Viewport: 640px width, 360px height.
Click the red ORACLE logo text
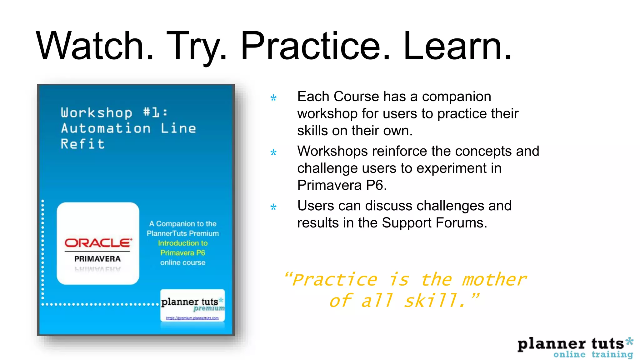point(98,243)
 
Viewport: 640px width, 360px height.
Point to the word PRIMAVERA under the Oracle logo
point(97,259)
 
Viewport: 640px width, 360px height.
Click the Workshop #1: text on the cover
point(114,112)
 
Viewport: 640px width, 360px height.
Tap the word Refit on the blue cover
point(83,144)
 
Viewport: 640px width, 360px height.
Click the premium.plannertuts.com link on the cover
point(192,318)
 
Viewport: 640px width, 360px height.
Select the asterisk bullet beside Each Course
point(273,98)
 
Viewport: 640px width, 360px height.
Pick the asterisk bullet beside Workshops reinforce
point(273,152)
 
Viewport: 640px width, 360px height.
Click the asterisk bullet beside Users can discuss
point(273,207)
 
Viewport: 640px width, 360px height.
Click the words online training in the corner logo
point(593,354)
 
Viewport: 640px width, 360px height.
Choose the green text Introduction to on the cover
point(182,243)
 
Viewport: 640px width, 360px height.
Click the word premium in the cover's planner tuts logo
point(209,309)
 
